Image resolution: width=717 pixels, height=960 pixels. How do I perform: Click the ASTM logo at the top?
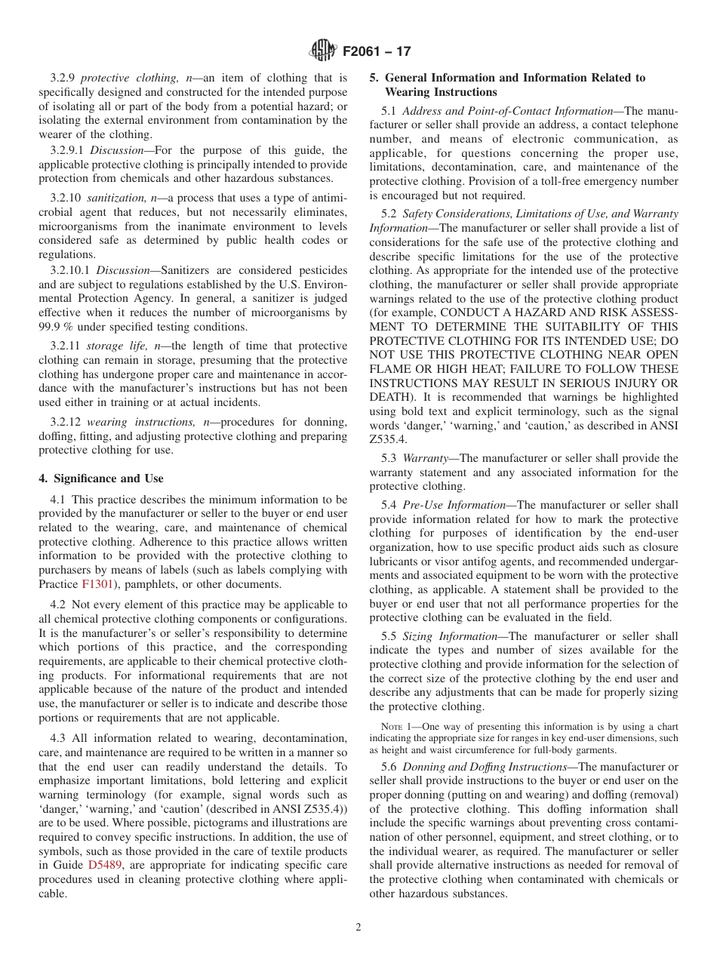tap(324, 51)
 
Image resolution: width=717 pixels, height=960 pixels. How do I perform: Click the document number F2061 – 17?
tap(377, 52)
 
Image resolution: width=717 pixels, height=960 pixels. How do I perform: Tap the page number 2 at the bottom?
tap(358, 928)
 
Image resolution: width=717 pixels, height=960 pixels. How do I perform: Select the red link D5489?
tap(103, 865)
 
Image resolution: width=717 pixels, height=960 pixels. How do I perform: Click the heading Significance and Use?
tap(101, 478)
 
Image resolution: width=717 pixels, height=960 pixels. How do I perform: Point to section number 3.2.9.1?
tap(68, 150)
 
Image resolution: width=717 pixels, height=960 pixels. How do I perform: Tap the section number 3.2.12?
tap(66, 422)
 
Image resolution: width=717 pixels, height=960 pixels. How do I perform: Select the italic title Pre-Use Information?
tap(454, 505)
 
